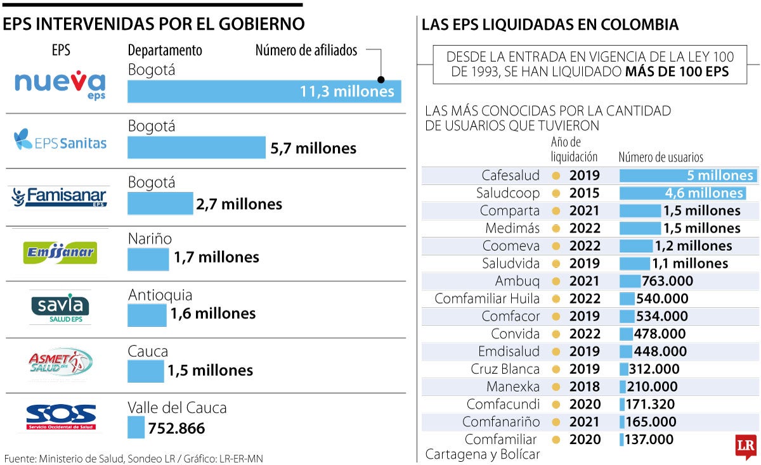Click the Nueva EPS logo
pyautogui.click(x=60, y=84)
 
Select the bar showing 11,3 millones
pyautogui.click(x=264, y=91)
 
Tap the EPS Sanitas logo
pyautogui.click(x=60, y=140)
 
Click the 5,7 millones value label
pyautogui.click(x=313, y=148)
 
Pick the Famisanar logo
pyautogui.click(x=59, y=197)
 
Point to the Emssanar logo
pyautogui.click(x=60, y=253)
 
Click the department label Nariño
pyautogui.click(x=150, y=239)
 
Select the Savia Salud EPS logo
pyautogui.click(x=60, y=307)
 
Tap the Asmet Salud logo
pyautogui.click(x=60, y=364)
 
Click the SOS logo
pyautogui.click(x=61, y=417)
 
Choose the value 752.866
pyautogui.click(x=176, y=428)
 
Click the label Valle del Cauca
pyautogui.click(x=177, y=407)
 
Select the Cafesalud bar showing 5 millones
pyautogui.click(x=687, y=175)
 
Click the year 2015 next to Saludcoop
pyautogui.click(x=584, y=193)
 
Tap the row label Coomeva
pyautogui.click(x=511, y=246)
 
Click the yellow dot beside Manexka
pyautogui.click(x=556, y=386)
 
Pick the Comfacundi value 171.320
pyautogui.click(x=650, y=404)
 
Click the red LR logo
pyautogui.click(x=745, y=447)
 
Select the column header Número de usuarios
pyautogui.click(x=661, y=158)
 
